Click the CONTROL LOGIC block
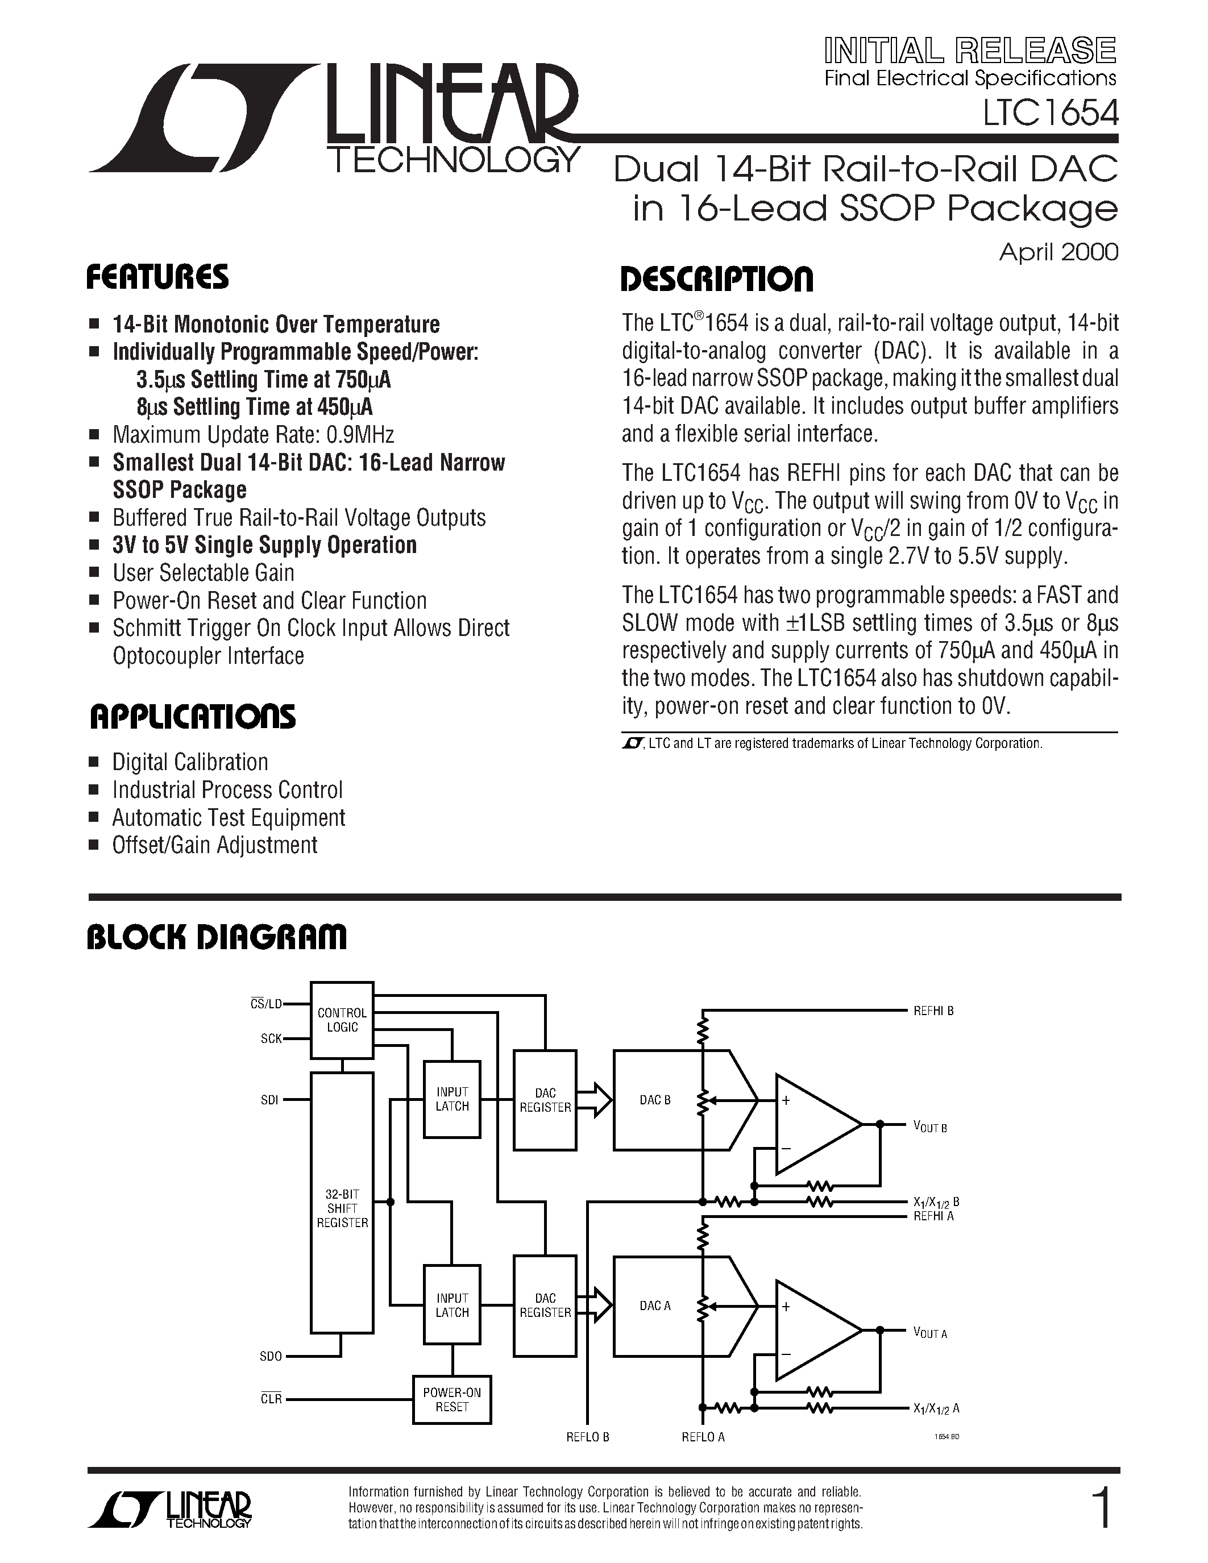342,1020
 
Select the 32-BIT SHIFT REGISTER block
342,1208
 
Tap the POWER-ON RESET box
451,1399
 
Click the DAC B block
655,1100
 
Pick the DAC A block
655,1306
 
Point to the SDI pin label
270,1100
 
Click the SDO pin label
271,1356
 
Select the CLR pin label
271,1399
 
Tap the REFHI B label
933,1011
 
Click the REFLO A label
703,1436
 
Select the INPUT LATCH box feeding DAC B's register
453,1099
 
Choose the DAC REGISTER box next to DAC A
545,1306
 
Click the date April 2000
1058,252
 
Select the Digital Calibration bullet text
190,762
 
